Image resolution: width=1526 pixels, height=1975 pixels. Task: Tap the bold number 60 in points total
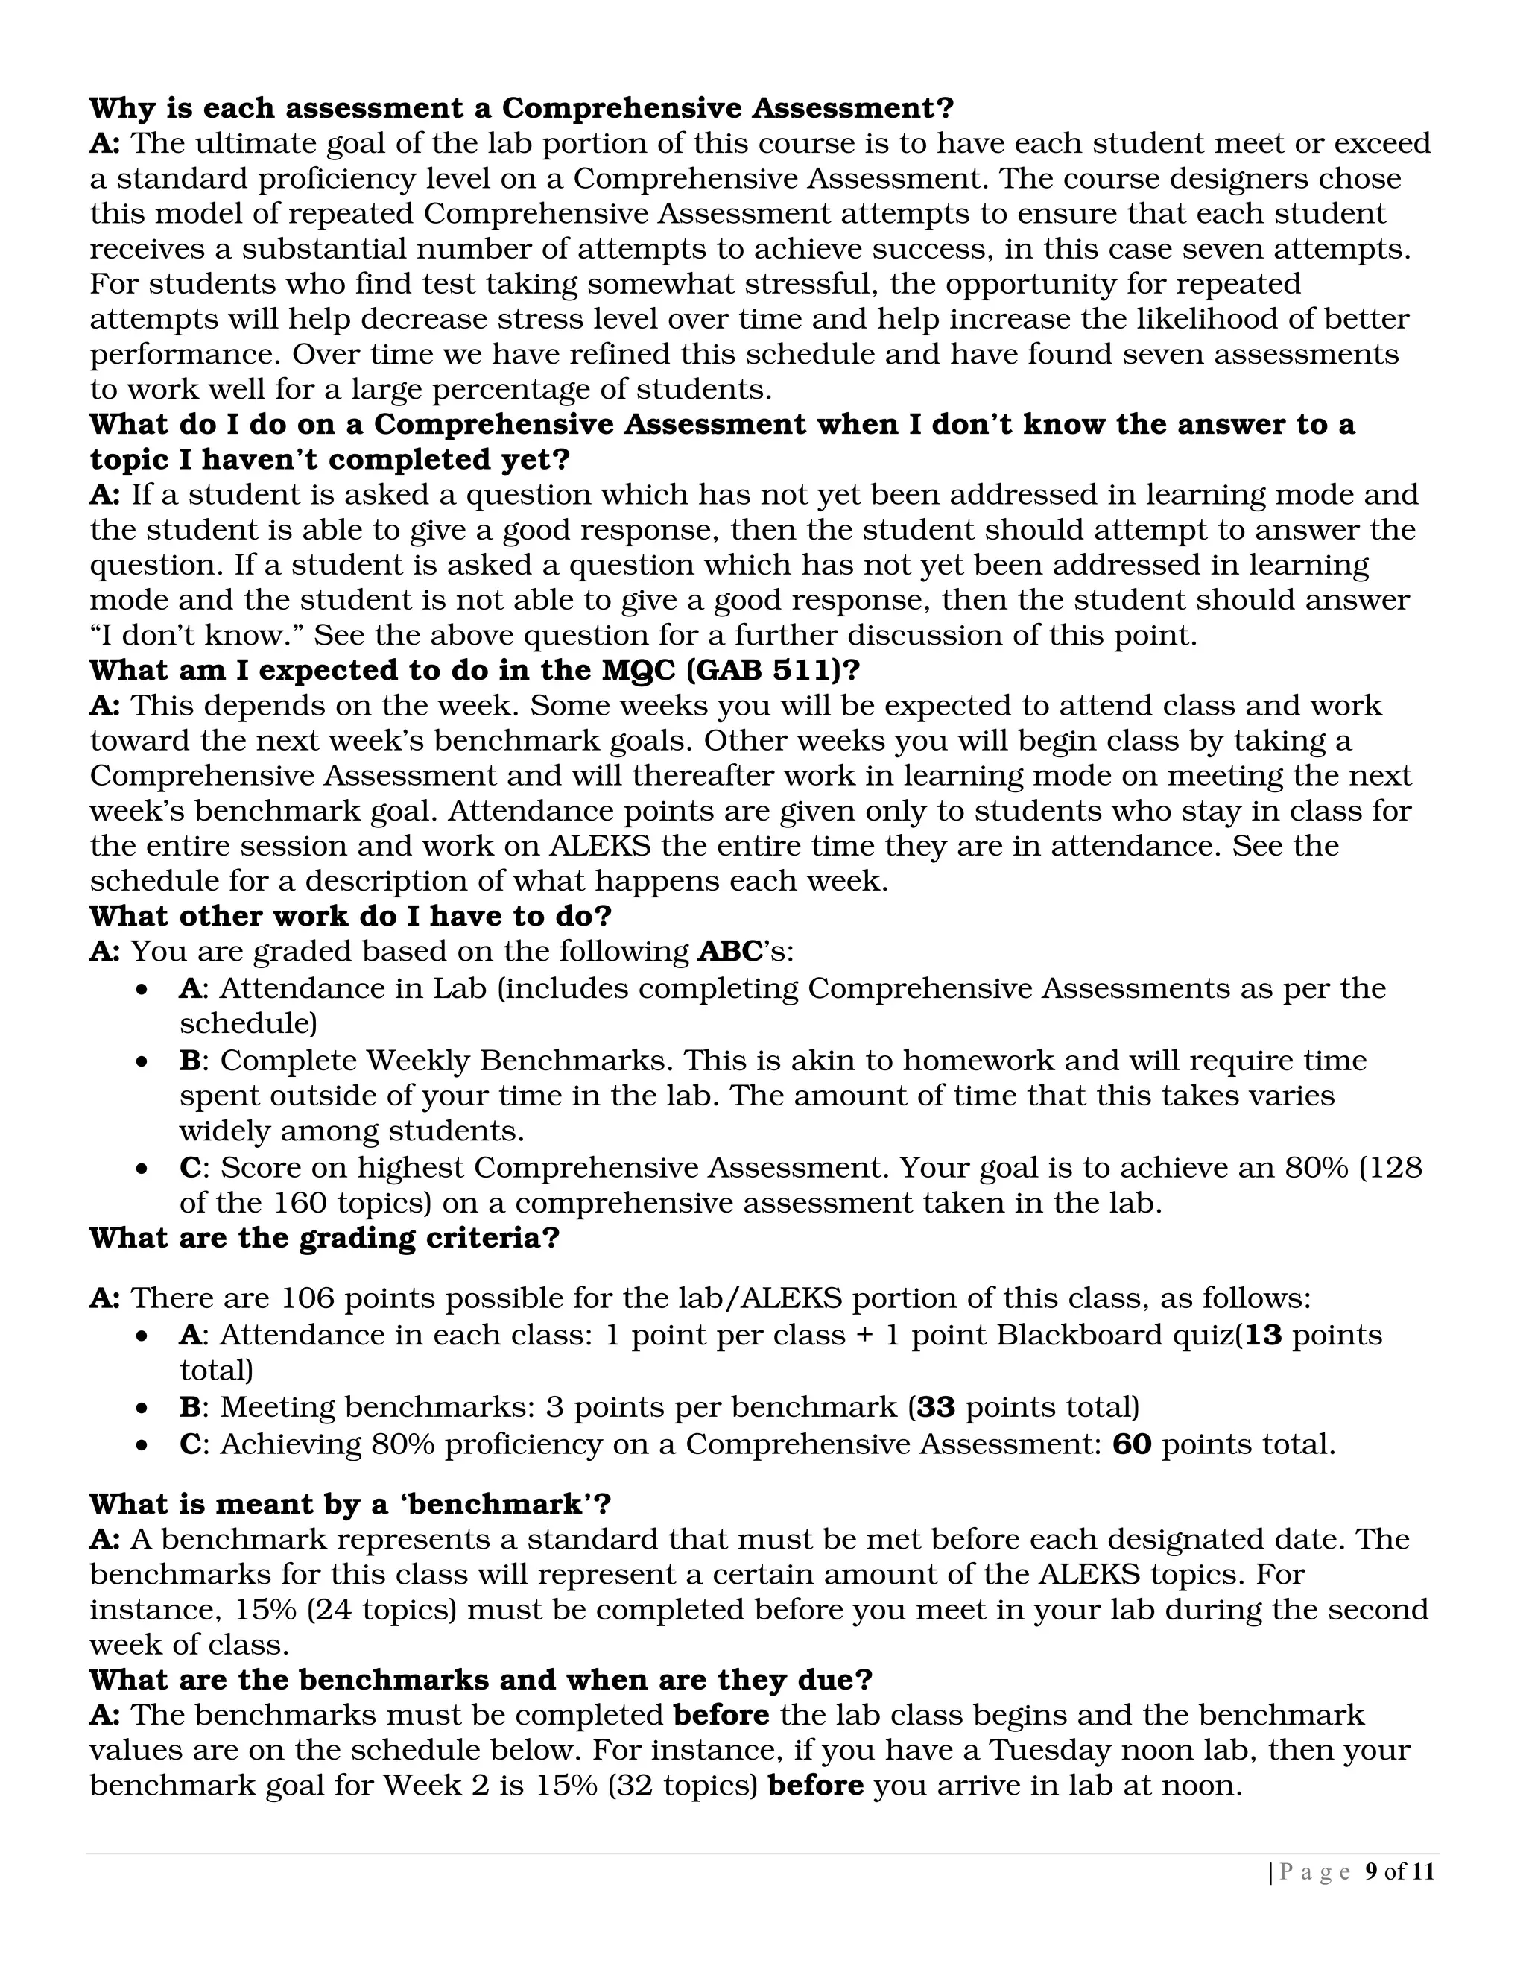click(1132, 1444)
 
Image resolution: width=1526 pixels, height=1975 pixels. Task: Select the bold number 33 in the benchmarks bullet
click(937, 1407)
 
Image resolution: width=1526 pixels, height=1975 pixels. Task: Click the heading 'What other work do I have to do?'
click(351, 916)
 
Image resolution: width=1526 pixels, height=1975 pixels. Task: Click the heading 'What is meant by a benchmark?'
click(351, 1504)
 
